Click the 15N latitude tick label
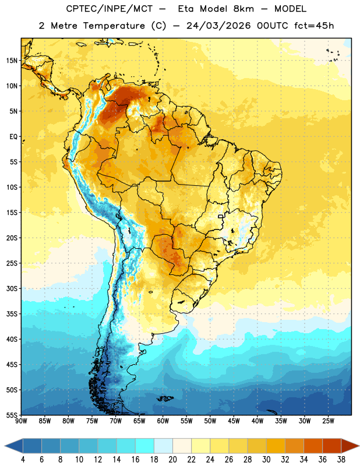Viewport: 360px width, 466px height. (x=12, y=61)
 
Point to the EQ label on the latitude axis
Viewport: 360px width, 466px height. (x=13, y=137)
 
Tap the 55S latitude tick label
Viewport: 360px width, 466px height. (x=12, y=415)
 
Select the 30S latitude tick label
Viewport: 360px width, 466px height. (x=12, y=288)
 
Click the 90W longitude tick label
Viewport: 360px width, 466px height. (x=22, y=421)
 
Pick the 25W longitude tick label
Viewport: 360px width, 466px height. (x=328, y=421)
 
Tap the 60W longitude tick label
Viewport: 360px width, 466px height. (x=163, y=421)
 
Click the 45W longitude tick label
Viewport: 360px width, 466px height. (x=234, y=421)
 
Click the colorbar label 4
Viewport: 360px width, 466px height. (x=23, y=460)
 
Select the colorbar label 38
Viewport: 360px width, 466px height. (x=341, y=460)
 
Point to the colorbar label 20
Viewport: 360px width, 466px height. (x=172, y=460)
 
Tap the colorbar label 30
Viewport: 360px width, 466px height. (x=266, y=460)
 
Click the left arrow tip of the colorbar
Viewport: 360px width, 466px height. (x=5, y=446)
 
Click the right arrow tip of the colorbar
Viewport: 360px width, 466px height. (x=359, y=446)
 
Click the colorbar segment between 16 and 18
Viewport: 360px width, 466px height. (x=144, y=446)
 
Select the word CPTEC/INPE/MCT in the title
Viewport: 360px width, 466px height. (x=110, y=9)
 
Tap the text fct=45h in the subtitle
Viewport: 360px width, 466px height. (x=314, y=26)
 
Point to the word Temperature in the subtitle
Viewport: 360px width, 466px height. (x=114, y=26)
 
